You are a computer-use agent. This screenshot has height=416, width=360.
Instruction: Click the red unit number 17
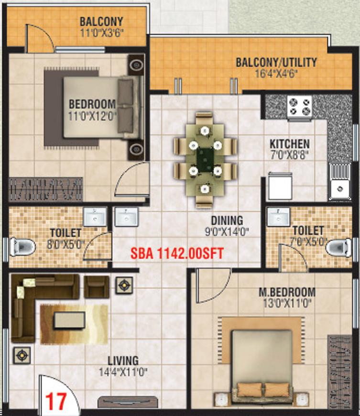click(56, 401)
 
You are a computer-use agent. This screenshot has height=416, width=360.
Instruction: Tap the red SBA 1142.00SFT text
click(177, 253)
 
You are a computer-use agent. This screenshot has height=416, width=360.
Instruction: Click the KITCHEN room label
click(289, 144)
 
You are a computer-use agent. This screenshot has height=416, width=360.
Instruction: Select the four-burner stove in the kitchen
click(299, 107)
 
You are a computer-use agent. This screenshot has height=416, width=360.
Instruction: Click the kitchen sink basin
click(340, 188)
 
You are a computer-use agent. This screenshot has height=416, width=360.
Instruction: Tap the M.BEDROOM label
click(287, 292)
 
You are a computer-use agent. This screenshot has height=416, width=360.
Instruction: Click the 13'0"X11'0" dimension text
click(287, 303)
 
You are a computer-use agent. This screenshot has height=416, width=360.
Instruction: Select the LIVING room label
click(123, 361)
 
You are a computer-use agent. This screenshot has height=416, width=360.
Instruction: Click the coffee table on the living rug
click(69, 320)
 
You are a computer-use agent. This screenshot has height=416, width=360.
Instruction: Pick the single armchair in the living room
click(97, 287)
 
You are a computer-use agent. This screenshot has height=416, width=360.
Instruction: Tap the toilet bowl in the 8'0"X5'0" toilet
click(22, 247)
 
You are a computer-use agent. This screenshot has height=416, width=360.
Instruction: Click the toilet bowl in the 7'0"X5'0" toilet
click(338, 247)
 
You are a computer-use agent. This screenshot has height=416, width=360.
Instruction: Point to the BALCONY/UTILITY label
click(276, 62)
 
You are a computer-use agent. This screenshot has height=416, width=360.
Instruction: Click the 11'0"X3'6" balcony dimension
click(102, 33)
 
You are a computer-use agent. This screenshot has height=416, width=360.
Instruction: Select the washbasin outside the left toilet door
click(127, 217)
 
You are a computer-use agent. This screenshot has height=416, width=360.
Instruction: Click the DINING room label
click(227, 220)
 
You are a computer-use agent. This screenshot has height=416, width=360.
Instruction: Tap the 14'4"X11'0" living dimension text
click(123, 372)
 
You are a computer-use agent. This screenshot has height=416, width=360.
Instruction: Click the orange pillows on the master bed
click(262, 390)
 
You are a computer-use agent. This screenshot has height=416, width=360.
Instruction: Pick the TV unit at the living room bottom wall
click(128, 402)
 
